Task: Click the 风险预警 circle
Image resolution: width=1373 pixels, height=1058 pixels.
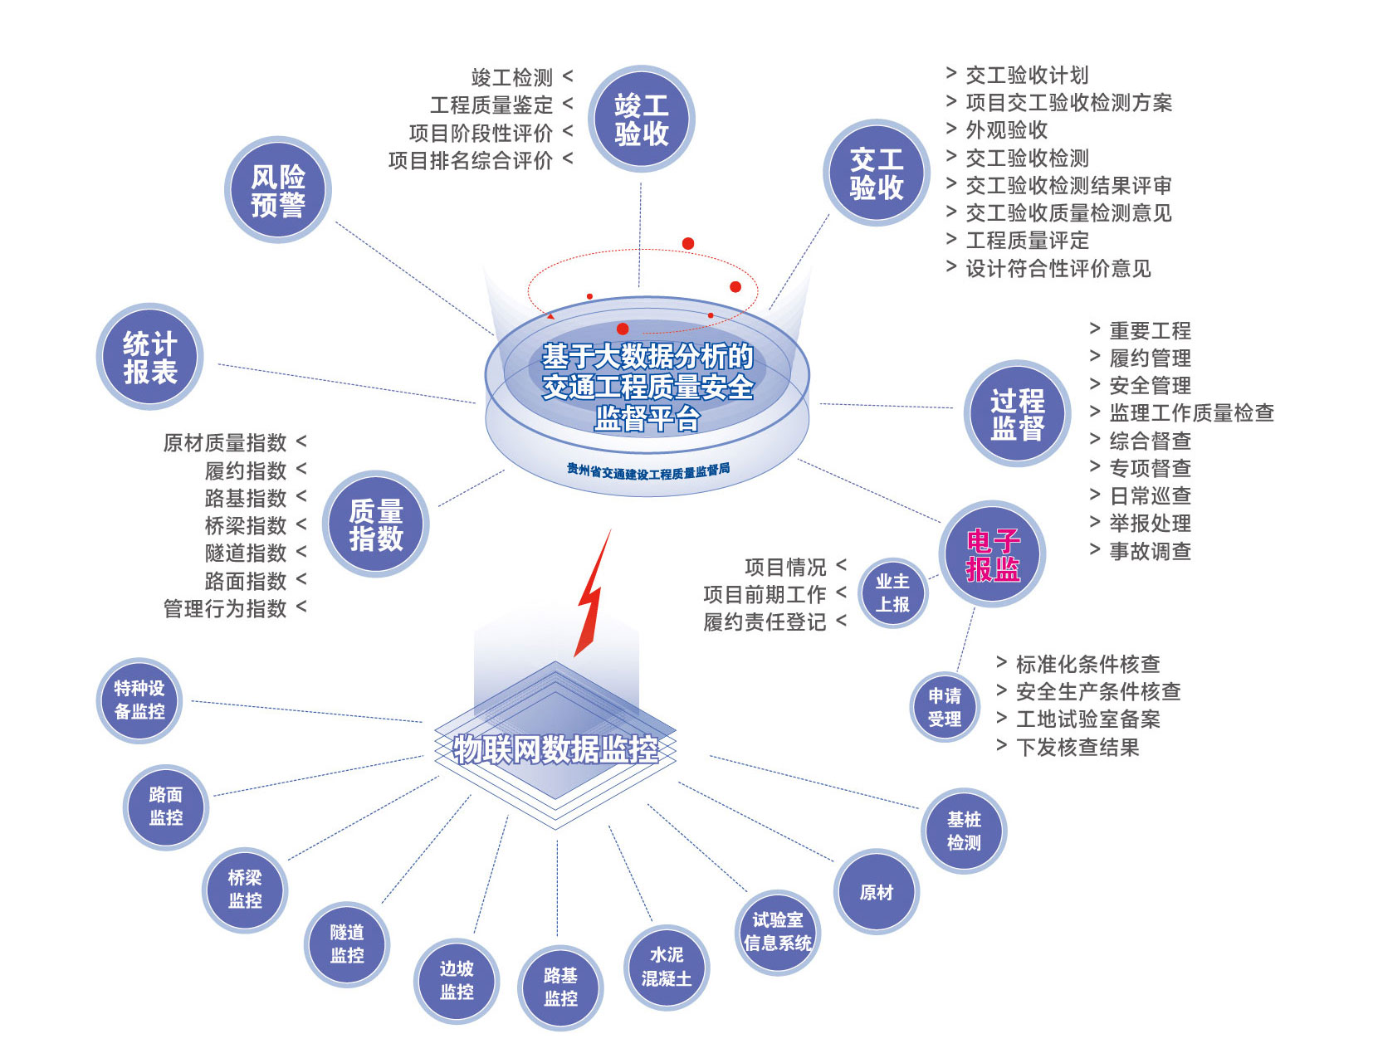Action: pos(277,190)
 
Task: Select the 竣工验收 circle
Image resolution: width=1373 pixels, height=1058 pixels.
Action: pos(641,119)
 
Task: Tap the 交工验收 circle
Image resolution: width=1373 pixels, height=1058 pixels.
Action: pos(876,173)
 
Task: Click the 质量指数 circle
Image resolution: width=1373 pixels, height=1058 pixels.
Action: pos(375,524)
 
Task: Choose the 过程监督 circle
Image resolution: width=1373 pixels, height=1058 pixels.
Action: pos(1017,413)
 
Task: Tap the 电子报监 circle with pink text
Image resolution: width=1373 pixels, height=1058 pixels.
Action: pos(992,554)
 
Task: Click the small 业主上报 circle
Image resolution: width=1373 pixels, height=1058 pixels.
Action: pos(892,592)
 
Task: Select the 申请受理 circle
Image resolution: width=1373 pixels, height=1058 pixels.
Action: pos(945,707)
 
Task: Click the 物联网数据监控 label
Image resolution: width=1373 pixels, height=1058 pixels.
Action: pos(555,749)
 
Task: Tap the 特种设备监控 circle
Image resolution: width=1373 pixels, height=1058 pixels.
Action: pos(139,700)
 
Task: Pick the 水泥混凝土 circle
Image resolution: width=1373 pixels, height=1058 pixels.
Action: pos(666,967)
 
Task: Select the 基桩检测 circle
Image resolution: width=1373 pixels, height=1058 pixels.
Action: pos(964,831)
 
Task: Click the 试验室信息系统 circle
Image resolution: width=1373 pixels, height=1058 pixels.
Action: pos(778,931)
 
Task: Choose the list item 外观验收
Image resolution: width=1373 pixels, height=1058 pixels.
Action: pos(1006,130)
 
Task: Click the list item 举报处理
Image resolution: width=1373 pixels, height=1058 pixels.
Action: pos(1150,524)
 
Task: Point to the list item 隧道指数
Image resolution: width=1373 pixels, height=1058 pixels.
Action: pos(246,553)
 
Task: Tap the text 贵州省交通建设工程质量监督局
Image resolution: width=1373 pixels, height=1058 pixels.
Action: pos(648,470)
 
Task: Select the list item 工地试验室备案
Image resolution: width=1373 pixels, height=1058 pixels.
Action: pos(1087,719)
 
